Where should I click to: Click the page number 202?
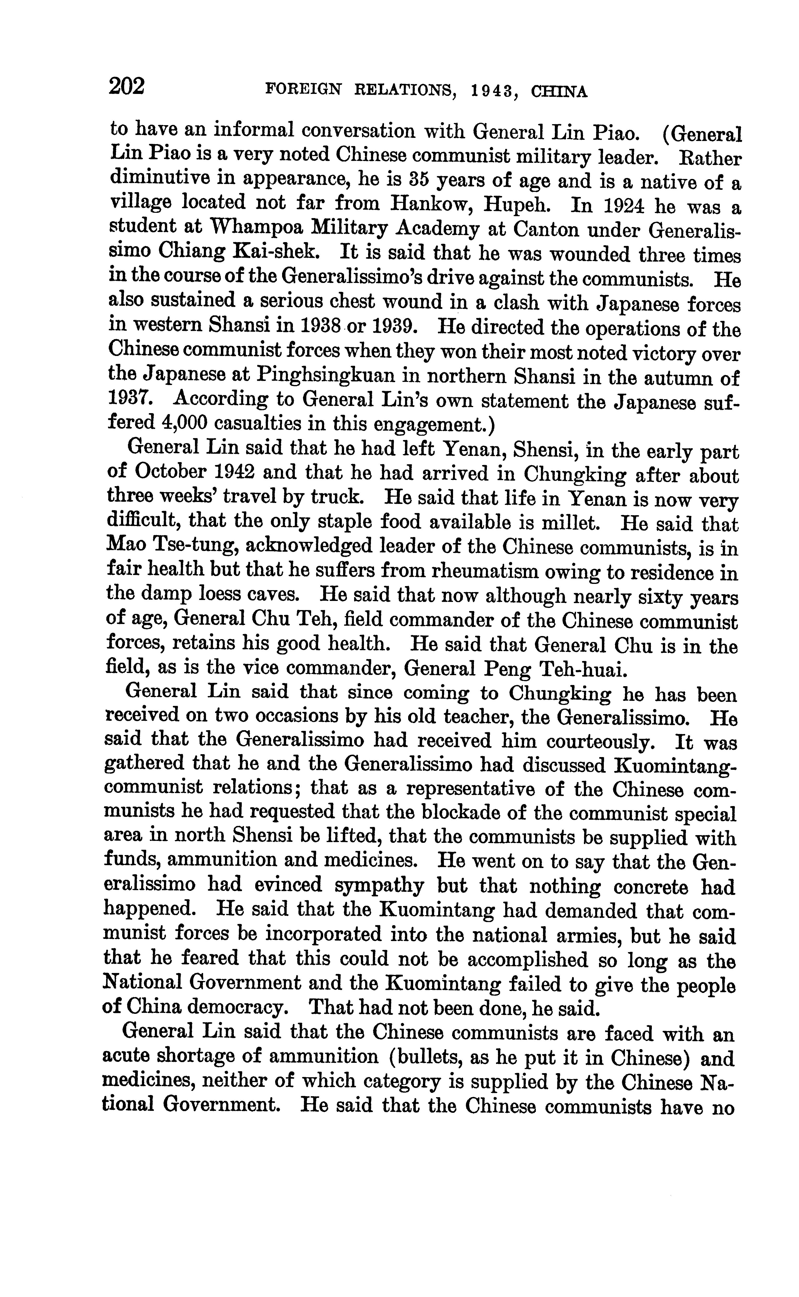click(x=127, y=86)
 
